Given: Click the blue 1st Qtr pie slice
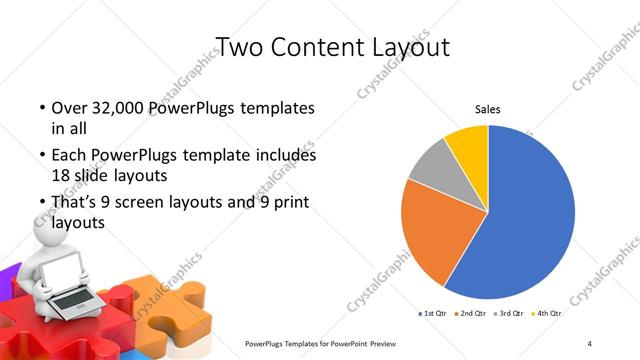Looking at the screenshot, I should click(530, 215).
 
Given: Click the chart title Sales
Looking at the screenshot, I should click(487, 109).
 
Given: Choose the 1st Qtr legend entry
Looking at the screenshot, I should click(431, 313).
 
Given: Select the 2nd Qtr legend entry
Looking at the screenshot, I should click(474, 313).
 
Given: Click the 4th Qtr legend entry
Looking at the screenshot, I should click(549, 313).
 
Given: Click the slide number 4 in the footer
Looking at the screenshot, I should click(590, 344).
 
